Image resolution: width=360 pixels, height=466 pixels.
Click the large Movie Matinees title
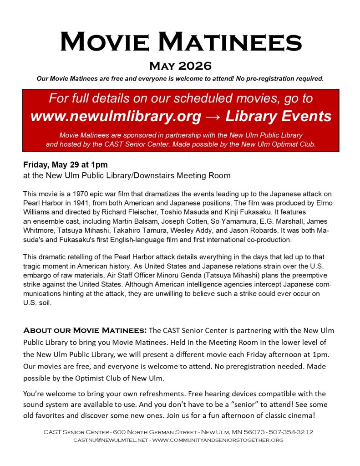(x=181, y=41)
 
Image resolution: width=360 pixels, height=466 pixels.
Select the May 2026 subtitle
(x=180, y=67)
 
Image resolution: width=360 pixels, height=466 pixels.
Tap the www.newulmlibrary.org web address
(x=116, y=117)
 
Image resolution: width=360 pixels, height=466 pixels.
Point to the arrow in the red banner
(x=213, y=117)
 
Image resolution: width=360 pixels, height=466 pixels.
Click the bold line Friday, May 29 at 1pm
(x=65, y=165)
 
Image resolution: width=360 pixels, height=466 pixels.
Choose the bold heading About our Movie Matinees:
(x=85, y=330)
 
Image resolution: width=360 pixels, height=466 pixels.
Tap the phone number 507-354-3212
(x=294, y=432)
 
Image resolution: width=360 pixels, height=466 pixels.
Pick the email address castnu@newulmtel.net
(x=110, y=440)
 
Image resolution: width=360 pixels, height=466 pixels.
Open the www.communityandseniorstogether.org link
(x=218, y=440)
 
